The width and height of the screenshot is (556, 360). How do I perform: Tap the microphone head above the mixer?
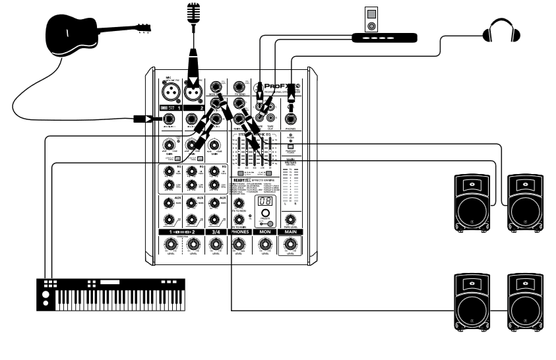pos(193,12)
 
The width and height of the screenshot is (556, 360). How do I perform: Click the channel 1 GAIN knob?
pos(170,145)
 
